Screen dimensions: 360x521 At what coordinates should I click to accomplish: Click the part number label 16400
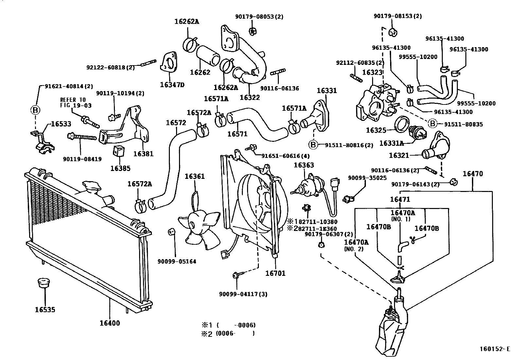tap(110, 323)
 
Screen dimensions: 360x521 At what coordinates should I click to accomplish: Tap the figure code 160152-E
tap(495, 349)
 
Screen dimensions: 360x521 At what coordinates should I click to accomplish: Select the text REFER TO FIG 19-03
tap(76, 103)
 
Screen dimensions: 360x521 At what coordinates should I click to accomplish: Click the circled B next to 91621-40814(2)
tap(35, 110)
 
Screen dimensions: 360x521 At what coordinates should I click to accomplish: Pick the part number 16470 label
tap(473, 174)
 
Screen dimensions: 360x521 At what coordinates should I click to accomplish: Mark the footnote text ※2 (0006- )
tap(228, 334)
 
